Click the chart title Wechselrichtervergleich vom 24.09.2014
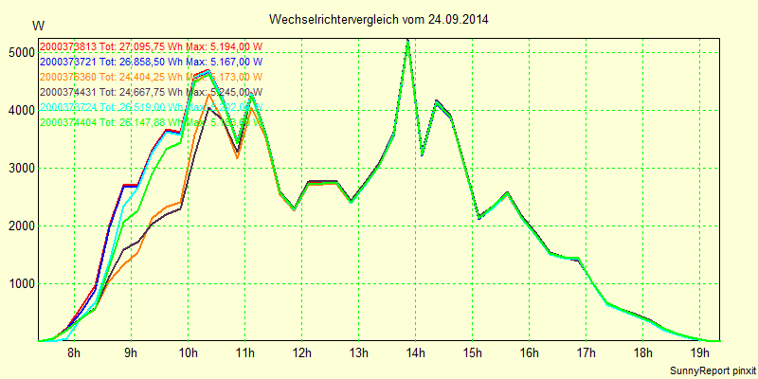pyautogui.click(x=379, y=19)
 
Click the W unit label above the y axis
pyautogui.click(x=37, y=25)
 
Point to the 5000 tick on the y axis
pyautogui.click(x=19, y=52)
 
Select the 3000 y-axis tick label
pyautogui.click(x=19, y=168)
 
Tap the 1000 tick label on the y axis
pyautogui.click(x=19, y=283)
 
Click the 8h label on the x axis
pyautogui.click(x=74, y=353)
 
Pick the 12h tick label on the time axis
pyautogui.click(x=301, y=353)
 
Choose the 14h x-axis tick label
pyautogui.click(x=415, y=353)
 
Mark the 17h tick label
pyautogui.click(x=586, y=353)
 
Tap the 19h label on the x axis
pyautogui.click(x=699, y=353)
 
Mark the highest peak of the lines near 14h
pyautogui.click(x=407, y=41)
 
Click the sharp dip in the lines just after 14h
pyautogui.click(x=422, y=154)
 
